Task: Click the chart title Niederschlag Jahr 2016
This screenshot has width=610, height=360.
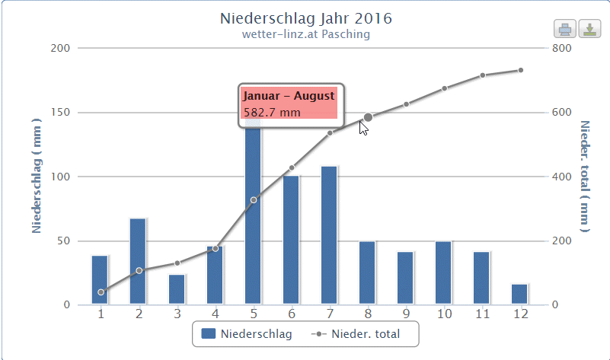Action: (306, 18)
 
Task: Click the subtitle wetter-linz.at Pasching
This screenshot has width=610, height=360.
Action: (306, 33)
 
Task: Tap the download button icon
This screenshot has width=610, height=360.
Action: (589, 29)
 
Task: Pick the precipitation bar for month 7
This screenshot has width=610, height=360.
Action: (329, 235)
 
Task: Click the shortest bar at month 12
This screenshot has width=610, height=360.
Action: (519, 294)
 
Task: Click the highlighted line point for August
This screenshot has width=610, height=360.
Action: (368, 117)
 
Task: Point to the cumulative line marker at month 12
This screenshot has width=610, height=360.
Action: (520, 70)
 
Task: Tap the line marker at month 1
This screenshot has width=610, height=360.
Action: (101, 292)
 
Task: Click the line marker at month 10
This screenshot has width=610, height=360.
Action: (444, 88)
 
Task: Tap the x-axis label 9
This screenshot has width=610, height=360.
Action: (406, 314)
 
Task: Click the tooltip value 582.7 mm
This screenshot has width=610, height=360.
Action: (272, 113)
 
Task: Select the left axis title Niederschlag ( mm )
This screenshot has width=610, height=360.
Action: (36, 176)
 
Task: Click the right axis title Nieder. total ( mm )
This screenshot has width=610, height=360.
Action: (584, 176)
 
